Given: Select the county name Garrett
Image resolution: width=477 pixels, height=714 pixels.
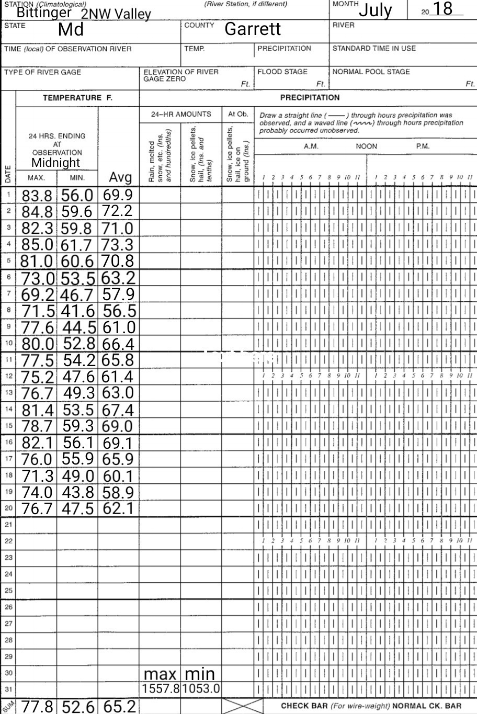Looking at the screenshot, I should (x=253, y=29).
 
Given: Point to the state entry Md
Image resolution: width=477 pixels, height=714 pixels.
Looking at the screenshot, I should (x=71, y=29).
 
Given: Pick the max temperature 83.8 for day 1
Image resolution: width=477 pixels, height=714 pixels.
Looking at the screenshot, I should (x=37, y=196).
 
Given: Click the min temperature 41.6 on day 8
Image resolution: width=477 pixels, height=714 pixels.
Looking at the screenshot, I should (x=78, y=311).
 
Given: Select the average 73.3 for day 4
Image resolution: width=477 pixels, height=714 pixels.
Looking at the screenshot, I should (x=118, y=245).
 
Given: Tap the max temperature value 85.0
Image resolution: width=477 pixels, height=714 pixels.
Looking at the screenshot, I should (x=37, y=245).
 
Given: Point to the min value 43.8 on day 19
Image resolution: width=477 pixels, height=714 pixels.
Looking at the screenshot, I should (x=78, y=492).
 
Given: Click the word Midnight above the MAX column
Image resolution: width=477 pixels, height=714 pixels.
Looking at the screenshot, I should (x=55, y=162).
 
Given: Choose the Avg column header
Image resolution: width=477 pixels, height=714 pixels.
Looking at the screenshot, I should (x=120, y=178).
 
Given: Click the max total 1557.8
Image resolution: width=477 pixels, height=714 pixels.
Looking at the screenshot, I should (x=161, y=688).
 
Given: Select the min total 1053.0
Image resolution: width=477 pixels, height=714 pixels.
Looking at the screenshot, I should (x=201, y=688).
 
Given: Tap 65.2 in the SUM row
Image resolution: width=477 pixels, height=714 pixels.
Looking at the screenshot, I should (x=119, y=706).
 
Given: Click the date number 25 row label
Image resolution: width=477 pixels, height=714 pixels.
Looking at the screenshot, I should (x=8, y=591).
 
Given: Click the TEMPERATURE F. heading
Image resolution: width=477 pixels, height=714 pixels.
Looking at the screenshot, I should (x=77, y=97).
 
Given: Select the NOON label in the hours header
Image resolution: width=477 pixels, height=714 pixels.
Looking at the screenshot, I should (x=366, y=146).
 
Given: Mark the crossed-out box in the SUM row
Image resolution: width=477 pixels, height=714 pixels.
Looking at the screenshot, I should (x=242, y=706).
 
